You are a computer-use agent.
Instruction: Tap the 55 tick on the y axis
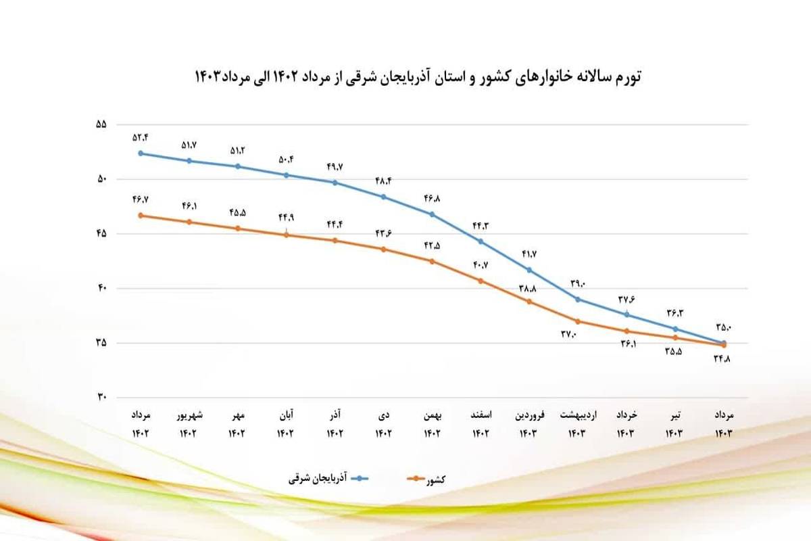tap(102, 125)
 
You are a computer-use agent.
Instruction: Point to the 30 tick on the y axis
tap(102, 398)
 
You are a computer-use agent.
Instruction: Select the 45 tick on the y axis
tap(102, 234)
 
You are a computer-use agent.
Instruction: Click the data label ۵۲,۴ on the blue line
tap(141, 137)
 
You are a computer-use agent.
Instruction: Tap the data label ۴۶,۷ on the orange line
tap(141, 200)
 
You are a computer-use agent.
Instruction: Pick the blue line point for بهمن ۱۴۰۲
tap(433, 214)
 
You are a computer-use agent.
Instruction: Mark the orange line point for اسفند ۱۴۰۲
tap(481, 281)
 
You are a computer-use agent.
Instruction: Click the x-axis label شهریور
tap(189, 414)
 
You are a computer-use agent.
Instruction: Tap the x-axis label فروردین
tap(529, 414)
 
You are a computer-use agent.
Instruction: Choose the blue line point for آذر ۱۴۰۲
tap(335, 183)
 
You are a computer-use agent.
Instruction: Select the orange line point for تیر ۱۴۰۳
tap(675, 337)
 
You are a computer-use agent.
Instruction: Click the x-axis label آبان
tap(287, 414)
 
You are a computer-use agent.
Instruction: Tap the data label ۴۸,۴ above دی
tap(383, 181)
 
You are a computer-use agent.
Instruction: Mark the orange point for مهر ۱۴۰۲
tap(238, 229)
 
